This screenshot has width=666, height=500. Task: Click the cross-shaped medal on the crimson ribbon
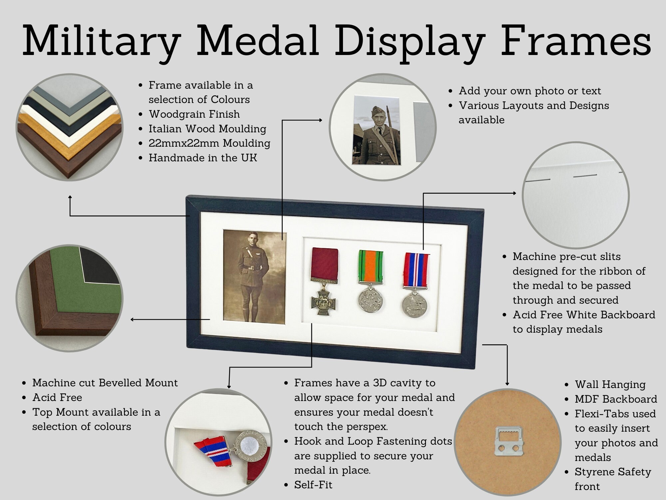tap(323, 301)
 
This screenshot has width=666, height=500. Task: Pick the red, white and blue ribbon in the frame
tap(416, 270)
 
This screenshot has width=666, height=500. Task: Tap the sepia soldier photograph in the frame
tap(254, 277)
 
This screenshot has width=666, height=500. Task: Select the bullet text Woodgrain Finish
tap(194, 114)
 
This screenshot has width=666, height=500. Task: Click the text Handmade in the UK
tap(203, 158)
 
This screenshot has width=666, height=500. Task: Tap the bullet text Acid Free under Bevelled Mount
tap(57, 397)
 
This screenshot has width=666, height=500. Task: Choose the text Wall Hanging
tap(610, 384)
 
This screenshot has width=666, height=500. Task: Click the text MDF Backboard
tap(616, 399)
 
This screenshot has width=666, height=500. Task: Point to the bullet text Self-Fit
tap(313, 485)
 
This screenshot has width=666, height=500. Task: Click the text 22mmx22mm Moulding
tap(209, 143)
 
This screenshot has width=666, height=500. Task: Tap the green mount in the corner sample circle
tap(67, 293)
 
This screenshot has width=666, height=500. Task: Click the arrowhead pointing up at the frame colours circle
tap(70, 197)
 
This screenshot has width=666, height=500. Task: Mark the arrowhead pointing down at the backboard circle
tap(507, 384)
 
